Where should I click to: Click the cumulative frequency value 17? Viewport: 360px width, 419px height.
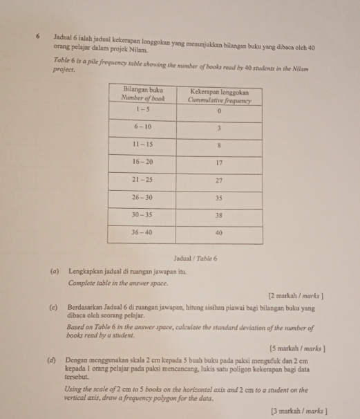pos(219,163)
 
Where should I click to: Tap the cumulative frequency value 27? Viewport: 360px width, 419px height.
pos(219,180)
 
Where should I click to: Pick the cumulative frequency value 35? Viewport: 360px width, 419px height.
pos(219,198)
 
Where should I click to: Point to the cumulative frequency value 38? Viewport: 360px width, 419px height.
pos(219,215)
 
